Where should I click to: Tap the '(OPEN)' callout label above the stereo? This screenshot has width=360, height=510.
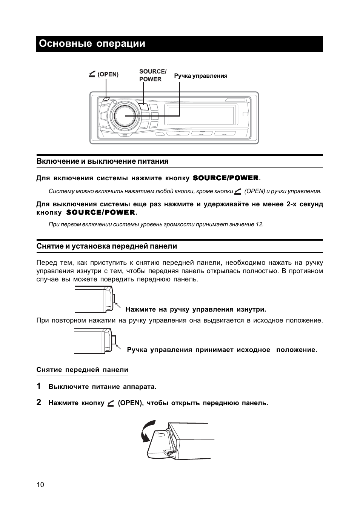click(x=108, y=75)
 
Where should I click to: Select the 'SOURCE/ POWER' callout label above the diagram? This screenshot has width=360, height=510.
click(x=152, y=75)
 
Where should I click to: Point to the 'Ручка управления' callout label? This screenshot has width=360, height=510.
click(x=201, y=76)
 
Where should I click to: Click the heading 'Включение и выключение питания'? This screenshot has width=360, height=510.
click(x=102, y=161)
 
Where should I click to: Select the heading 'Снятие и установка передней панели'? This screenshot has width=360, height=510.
click(x=107, y=246)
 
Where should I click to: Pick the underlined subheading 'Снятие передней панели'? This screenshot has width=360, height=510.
click(x=82, y=370)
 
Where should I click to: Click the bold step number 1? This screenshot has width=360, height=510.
click(x=39, y=386)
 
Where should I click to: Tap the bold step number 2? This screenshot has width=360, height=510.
click(x=39, y=402)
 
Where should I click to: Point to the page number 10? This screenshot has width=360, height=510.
click(x=40, y=485)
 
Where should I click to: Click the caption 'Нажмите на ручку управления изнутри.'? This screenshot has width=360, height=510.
click(x=195, y=310)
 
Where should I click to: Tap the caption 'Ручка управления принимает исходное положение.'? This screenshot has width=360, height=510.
click(x=222, y=350)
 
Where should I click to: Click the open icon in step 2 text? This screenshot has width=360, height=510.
click(x=111, y=403)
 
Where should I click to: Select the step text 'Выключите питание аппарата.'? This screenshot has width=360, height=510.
click(x=102, y=387)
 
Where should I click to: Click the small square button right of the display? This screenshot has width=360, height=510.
click(x=245, y=114)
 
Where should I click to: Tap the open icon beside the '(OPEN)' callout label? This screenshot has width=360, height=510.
click(x=92, y=74)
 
